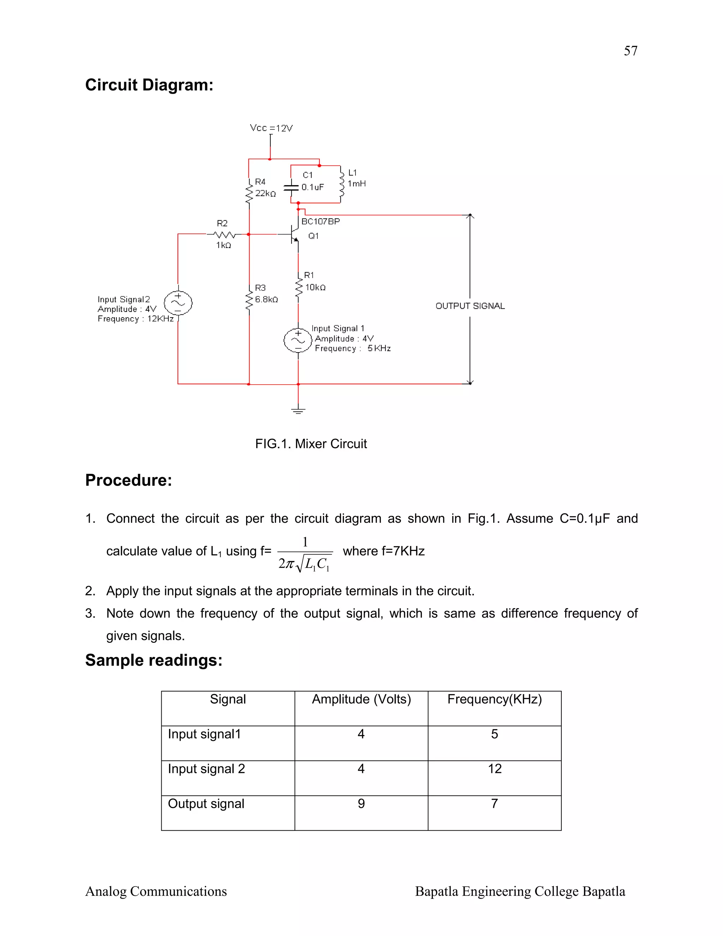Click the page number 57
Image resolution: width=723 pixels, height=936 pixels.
click(631, 51)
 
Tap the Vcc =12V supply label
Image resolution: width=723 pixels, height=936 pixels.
click(271, 128)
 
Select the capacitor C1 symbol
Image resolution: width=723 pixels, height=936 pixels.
click(291, 187)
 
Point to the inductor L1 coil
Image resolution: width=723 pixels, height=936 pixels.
click(341, 184)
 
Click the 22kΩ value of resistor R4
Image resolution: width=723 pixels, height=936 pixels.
click(265, 194)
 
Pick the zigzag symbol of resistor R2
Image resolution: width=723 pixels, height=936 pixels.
click(225, 235)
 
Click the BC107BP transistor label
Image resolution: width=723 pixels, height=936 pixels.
click(321, 221)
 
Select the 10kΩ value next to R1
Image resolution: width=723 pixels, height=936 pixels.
click(315, 288)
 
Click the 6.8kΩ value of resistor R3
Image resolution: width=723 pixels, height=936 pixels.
click(267, 300)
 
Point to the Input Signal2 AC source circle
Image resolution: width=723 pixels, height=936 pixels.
click(178, 303)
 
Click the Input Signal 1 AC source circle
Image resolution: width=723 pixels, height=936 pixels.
click(298, 340)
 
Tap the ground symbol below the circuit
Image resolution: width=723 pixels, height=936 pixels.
click(298, 410)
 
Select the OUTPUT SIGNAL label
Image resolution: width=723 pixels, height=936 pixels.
click(470, 306)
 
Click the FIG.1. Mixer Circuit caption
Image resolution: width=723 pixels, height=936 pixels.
click(311, 444)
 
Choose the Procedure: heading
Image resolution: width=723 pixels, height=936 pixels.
click(129, 480)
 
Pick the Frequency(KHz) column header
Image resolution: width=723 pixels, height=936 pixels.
click(495, 699)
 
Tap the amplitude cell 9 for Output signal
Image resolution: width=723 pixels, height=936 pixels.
click(361, 804)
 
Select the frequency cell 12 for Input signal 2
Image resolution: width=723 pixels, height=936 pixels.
click(495, 769)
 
